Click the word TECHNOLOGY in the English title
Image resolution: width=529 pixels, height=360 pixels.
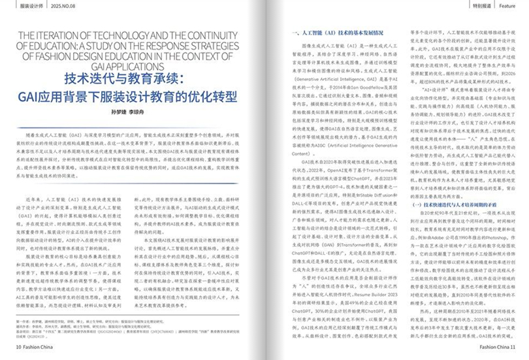[x=111, y=34]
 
